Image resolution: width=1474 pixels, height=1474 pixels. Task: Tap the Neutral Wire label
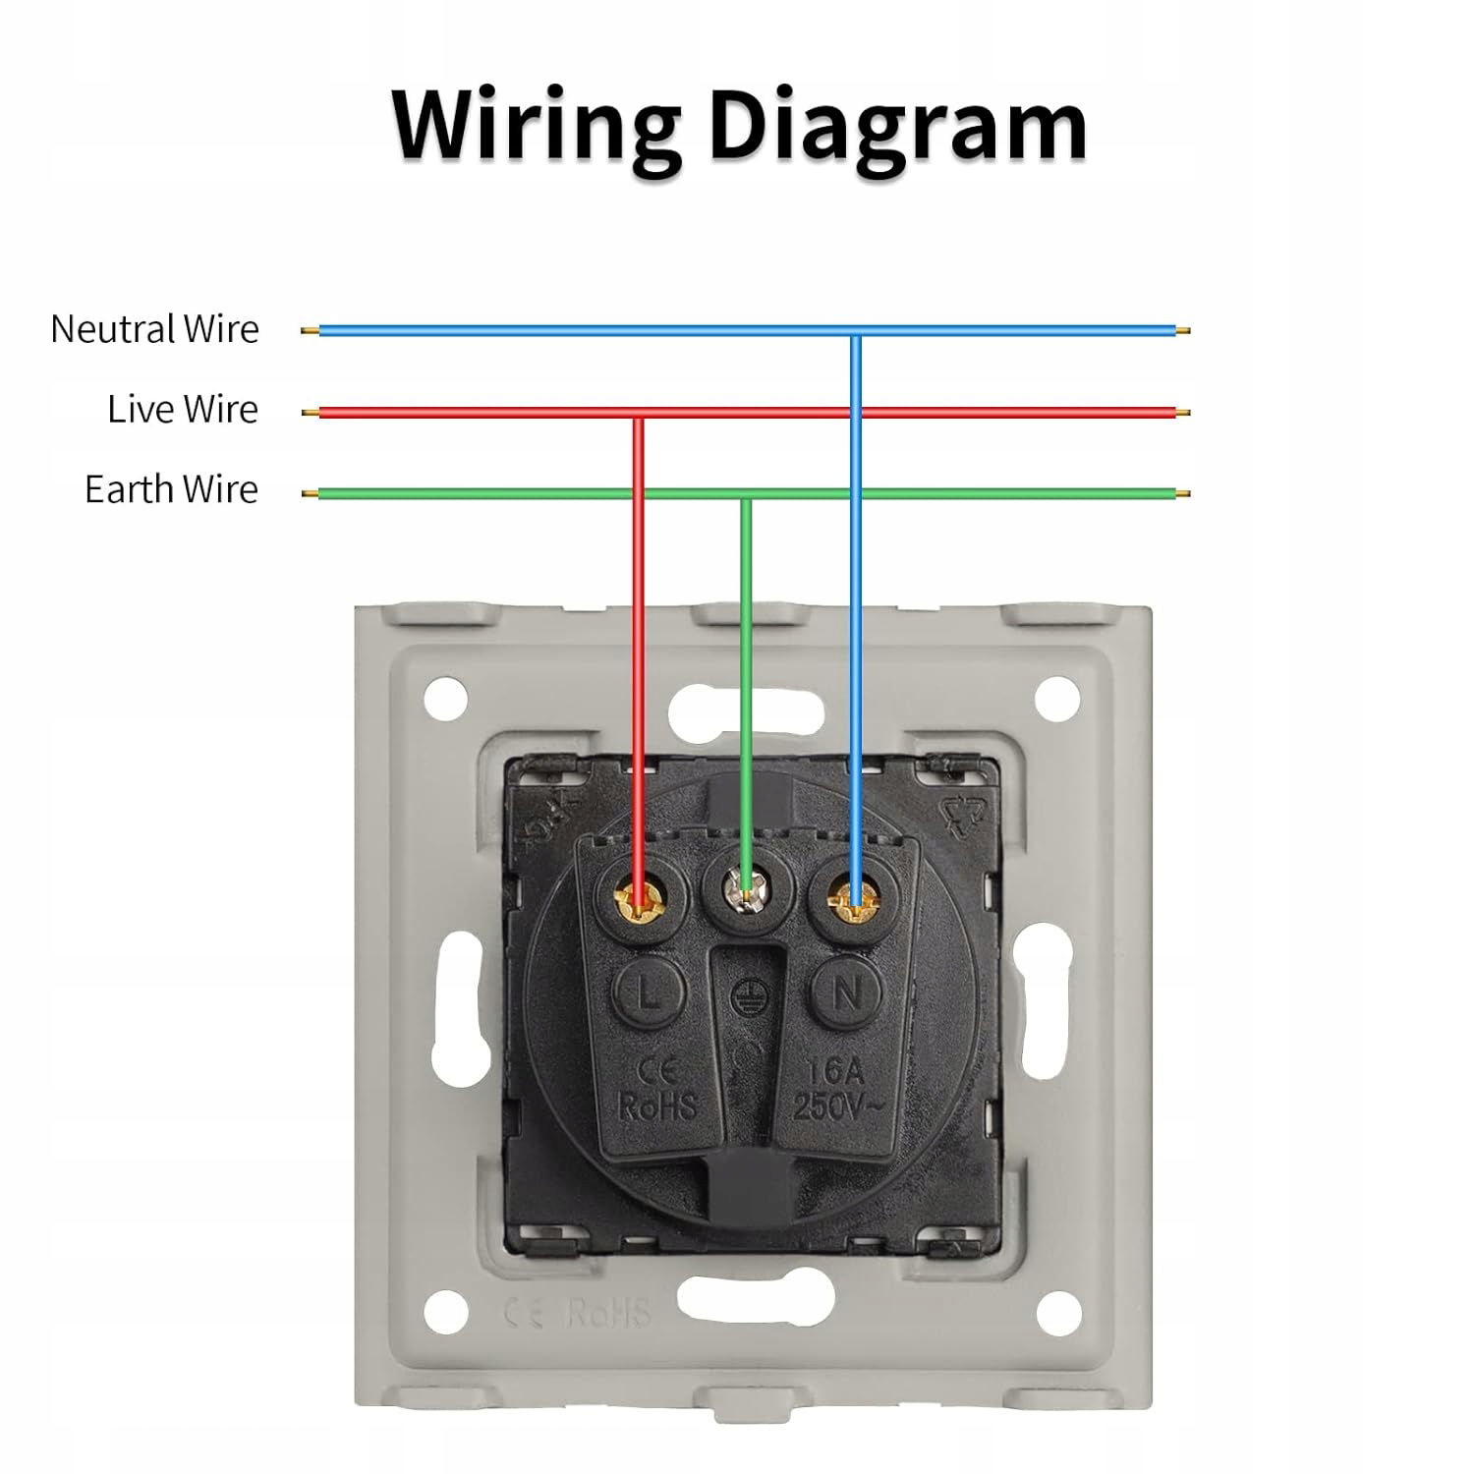pos(154,329)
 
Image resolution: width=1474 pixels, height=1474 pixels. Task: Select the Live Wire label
pos(183,409)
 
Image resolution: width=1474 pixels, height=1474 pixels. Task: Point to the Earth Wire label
pos(171,489)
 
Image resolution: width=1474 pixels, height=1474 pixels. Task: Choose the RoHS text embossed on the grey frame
pos(609,1313)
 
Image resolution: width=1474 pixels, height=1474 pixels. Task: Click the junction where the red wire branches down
pos(639,414)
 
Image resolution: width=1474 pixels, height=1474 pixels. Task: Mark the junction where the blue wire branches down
pos(856,332)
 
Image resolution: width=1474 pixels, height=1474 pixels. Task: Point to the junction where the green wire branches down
pos(746,494)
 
